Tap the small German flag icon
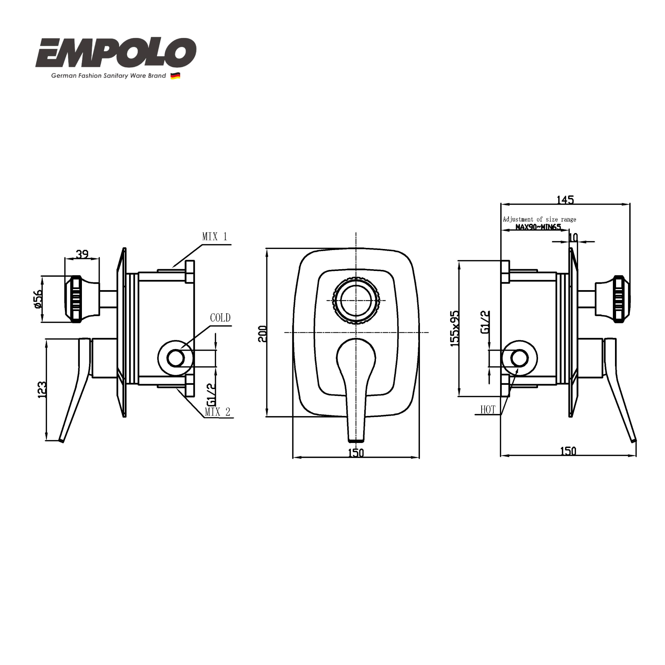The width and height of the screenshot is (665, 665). coord(175,76)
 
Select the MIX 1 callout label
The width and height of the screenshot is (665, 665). coord(214,237)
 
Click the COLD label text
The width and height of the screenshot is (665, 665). coord(220,317)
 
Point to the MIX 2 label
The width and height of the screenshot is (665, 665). coord(217,412)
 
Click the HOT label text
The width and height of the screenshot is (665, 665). coord(487,410)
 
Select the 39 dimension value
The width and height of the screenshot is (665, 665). coord(82,254)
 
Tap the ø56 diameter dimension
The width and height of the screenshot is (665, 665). coord(38,299)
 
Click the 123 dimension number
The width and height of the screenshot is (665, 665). coord(42,389)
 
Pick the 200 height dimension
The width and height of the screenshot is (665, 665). coord(262,334)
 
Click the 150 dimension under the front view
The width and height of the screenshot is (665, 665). coord(356,453)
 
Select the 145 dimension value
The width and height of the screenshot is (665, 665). coord(565,200)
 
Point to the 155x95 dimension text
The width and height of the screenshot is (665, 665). coord(454,328)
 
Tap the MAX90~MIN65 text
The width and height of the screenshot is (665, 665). coord(538,227)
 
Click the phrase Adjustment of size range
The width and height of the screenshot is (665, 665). coord(539,219)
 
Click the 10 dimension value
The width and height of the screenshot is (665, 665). coord(573,237)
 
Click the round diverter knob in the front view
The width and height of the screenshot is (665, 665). coord(356,300)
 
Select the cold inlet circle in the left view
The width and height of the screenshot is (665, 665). coord(176,358)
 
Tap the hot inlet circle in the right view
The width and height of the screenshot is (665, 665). coord(519,358)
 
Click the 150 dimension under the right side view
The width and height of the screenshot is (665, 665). coord(568,451)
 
